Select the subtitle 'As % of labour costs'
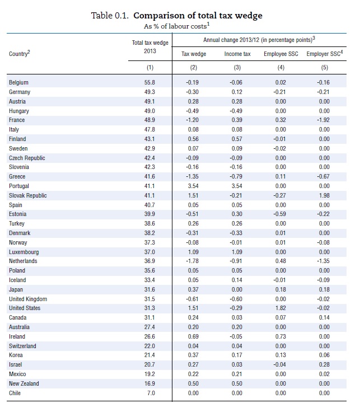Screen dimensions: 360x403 click(x=177, y=26)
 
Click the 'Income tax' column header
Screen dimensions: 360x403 click(x=237, y=54)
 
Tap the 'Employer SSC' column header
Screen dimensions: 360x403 click(x=325, y=54)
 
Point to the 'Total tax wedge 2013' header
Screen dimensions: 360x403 click(x=150, y=47)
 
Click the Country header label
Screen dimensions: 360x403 click(x=19, y=54)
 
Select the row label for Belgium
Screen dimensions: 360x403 click(x=18, y=82)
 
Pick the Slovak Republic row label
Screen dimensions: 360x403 click(x=28, y=195)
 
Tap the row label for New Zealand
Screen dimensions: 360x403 click(x=24, y=384)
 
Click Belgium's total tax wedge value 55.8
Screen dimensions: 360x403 click(x=149, y=82)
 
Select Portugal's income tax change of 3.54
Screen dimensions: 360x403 click(x=237, y=186)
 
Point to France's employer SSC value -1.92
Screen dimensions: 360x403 click(x=323, y=120)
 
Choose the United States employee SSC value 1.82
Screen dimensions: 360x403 click(x=280, y=308)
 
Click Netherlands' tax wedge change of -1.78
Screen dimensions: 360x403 click(x=193, y=261)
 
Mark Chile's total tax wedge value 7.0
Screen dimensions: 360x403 click(x=151, y=393)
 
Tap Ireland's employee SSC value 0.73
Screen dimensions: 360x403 click(x=280, y=337)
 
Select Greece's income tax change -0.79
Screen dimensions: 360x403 click(x=236, y=176)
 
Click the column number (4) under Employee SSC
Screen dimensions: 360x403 click(x=281, y=68)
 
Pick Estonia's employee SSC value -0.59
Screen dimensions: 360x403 click(x=280, y=214)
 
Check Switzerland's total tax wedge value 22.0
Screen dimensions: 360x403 click(x=149, y=346)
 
